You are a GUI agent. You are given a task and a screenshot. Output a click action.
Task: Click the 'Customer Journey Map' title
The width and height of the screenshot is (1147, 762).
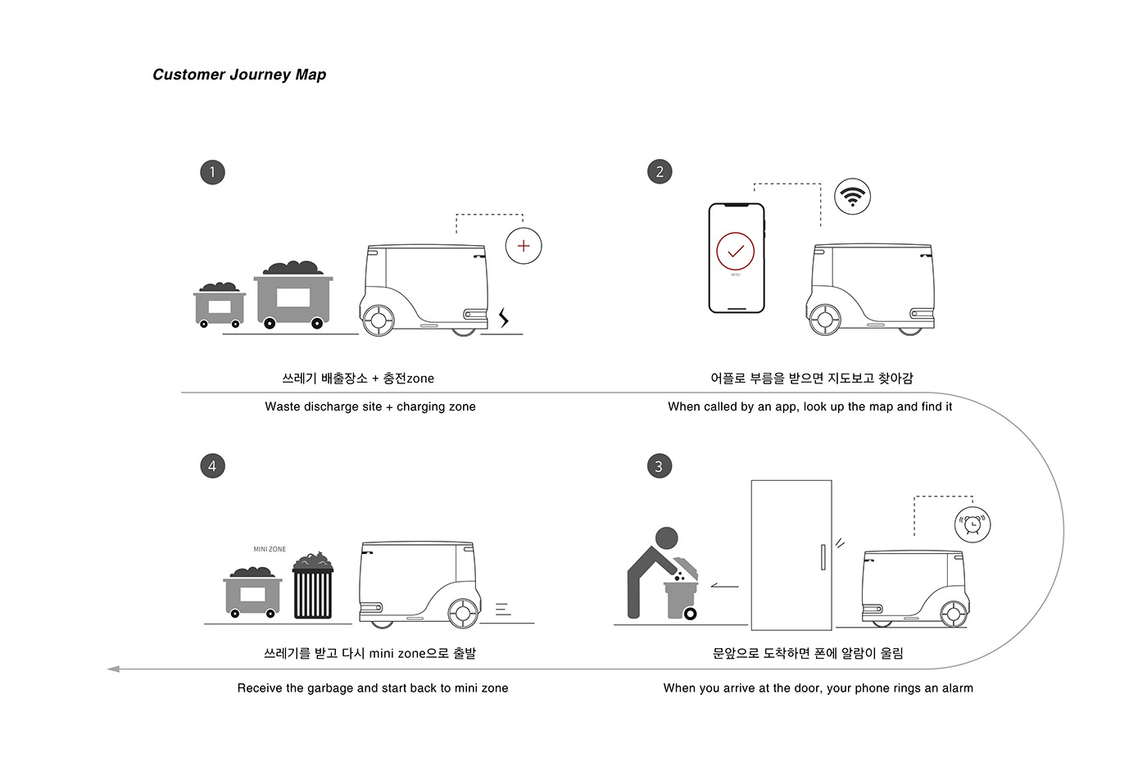pos(239,75)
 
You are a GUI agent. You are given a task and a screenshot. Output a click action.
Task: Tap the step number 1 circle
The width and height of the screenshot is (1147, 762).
pos(212,172)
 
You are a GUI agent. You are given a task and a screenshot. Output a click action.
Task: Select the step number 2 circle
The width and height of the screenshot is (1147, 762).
pos(660,172)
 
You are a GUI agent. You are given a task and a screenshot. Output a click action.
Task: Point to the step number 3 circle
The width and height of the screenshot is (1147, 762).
pos(659,466)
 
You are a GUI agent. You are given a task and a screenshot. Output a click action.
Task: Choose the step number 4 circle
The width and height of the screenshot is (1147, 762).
pos(212,466)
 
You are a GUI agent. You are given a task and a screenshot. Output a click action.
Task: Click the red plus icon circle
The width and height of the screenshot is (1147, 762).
pos(524,246)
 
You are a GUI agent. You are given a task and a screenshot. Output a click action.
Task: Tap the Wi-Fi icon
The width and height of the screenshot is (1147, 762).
pos(852,197)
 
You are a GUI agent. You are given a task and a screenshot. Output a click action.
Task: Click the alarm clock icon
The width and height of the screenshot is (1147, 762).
pos(972,524)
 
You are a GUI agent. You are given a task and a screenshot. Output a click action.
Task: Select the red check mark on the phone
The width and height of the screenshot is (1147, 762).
pos(736,251)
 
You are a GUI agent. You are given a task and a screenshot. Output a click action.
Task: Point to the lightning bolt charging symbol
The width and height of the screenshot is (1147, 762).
pos(504,317)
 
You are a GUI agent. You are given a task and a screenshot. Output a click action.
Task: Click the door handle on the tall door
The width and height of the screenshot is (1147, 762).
pos(823,557)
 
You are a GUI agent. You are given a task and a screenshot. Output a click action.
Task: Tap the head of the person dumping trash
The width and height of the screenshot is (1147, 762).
pos(667,537)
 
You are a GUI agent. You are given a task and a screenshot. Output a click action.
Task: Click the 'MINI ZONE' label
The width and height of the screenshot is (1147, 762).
pos(270,549)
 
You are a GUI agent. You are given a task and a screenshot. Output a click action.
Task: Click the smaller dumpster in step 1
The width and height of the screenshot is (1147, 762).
pos(220,306)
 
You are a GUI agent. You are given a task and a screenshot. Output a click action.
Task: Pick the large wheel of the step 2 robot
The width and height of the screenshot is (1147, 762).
pos(825,320)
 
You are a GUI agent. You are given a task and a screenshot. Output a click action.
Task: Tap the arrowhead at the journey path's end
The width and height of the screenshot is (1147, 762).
pos(113,669)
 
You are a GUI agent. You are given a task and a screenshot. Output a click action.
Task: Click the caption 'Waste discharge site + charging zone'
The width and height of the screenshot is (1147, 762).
pos(370,406)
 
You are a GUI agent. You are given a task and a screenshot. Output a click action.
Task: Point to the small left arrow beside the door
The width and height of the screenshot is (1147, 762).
pos(724,586)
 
